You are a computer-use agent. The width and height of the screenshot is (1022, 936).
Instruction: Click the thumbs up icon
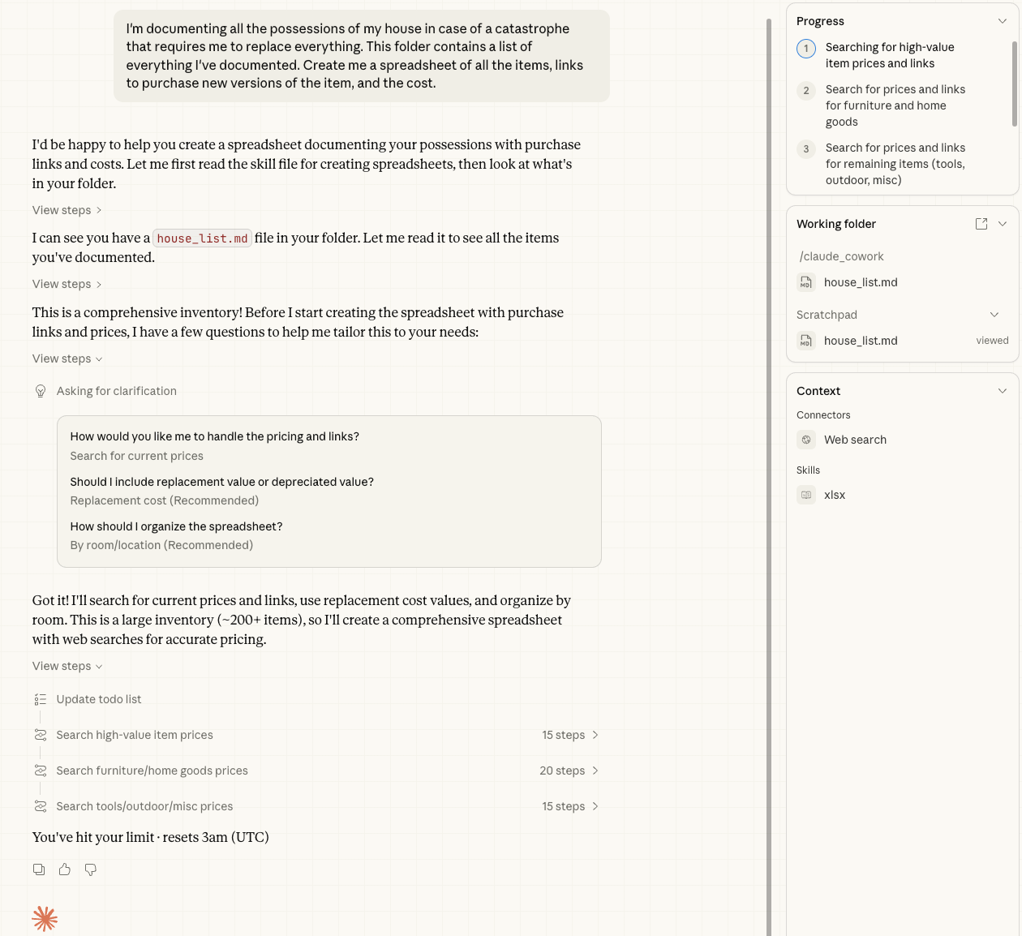click(65, 869)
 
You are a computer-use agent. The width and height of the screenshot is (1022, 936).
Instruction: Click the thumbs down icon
click(91, 869)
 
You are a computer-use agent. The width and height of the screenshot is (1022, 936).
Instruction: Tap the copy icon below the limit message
click(39, 869)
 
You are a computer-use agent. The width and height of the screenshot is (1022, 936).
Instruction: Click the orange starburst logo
click(45, 919)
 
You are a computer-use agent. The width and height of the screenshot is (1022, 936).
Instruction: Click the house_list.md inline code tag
click(202, 238)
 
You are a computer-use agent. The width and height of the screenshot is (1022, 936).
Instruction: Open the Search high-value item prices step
click(135, 735)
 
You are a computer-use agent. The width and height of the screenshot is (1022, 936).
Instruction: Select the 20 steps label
click(562, 771)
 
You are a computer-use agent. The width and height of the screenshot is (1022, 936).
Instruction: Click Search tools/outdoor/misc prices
click(144, 806)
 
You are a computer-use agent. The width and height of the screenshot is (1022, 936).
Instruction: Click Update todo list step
click(99, 699)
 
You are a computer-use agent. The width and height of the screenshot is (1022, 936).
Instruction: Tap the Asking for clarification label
click(117, 391)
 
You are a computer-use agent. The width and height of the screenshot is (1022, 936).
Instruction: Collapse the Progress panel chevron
click(1003, 21)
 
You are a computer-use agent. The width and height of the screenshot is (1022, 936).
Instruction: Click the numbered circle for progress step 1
click(806, 49)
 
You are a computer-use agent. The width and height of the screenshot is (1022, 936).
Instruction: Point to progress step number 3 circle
click(806, 149)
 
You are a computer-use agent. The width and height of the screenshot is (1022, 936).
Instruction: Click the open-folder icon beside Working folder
click(981, 224)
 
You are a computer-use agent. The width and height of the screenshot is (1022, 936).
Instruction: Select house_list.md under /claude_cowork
click(861, 282)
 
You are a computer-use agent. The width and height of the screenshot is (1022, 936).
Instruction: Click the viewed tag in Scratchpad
click(992, 341)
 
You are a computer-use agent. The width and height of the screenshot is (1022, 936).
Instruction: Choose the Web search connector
click(855, 440)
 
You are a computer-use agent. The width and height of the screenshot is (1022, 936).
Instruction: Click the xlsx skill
click(835, 495)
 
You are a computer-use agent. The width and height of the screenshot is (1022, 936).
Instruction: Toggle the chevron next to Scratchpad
click(994, 315)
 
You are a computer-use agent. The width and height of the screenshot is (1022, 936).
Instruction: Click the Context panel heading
click(818, 391)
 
